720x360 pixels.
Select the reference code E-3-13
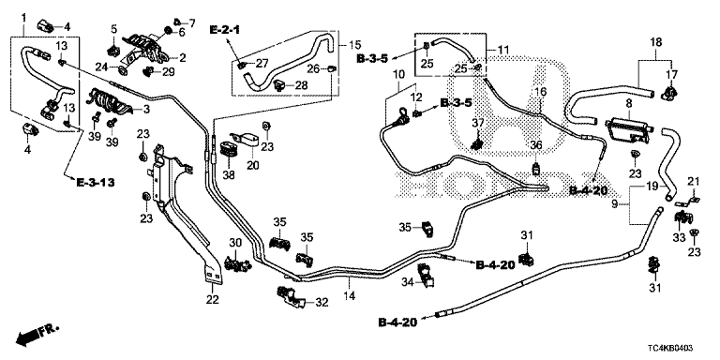(96, 182)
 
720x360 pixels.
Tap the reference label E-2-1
(225, 30)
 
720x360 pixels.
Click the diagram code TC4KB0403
(674, 350)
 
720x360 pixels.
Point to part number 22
(212, 300)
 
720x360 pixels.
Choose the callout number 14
(350, 296)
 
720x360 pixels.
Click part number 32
(322, 302)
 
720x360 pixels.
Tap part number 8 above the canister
(628, 104)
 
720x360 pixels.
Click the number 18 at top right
(655, 43)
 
